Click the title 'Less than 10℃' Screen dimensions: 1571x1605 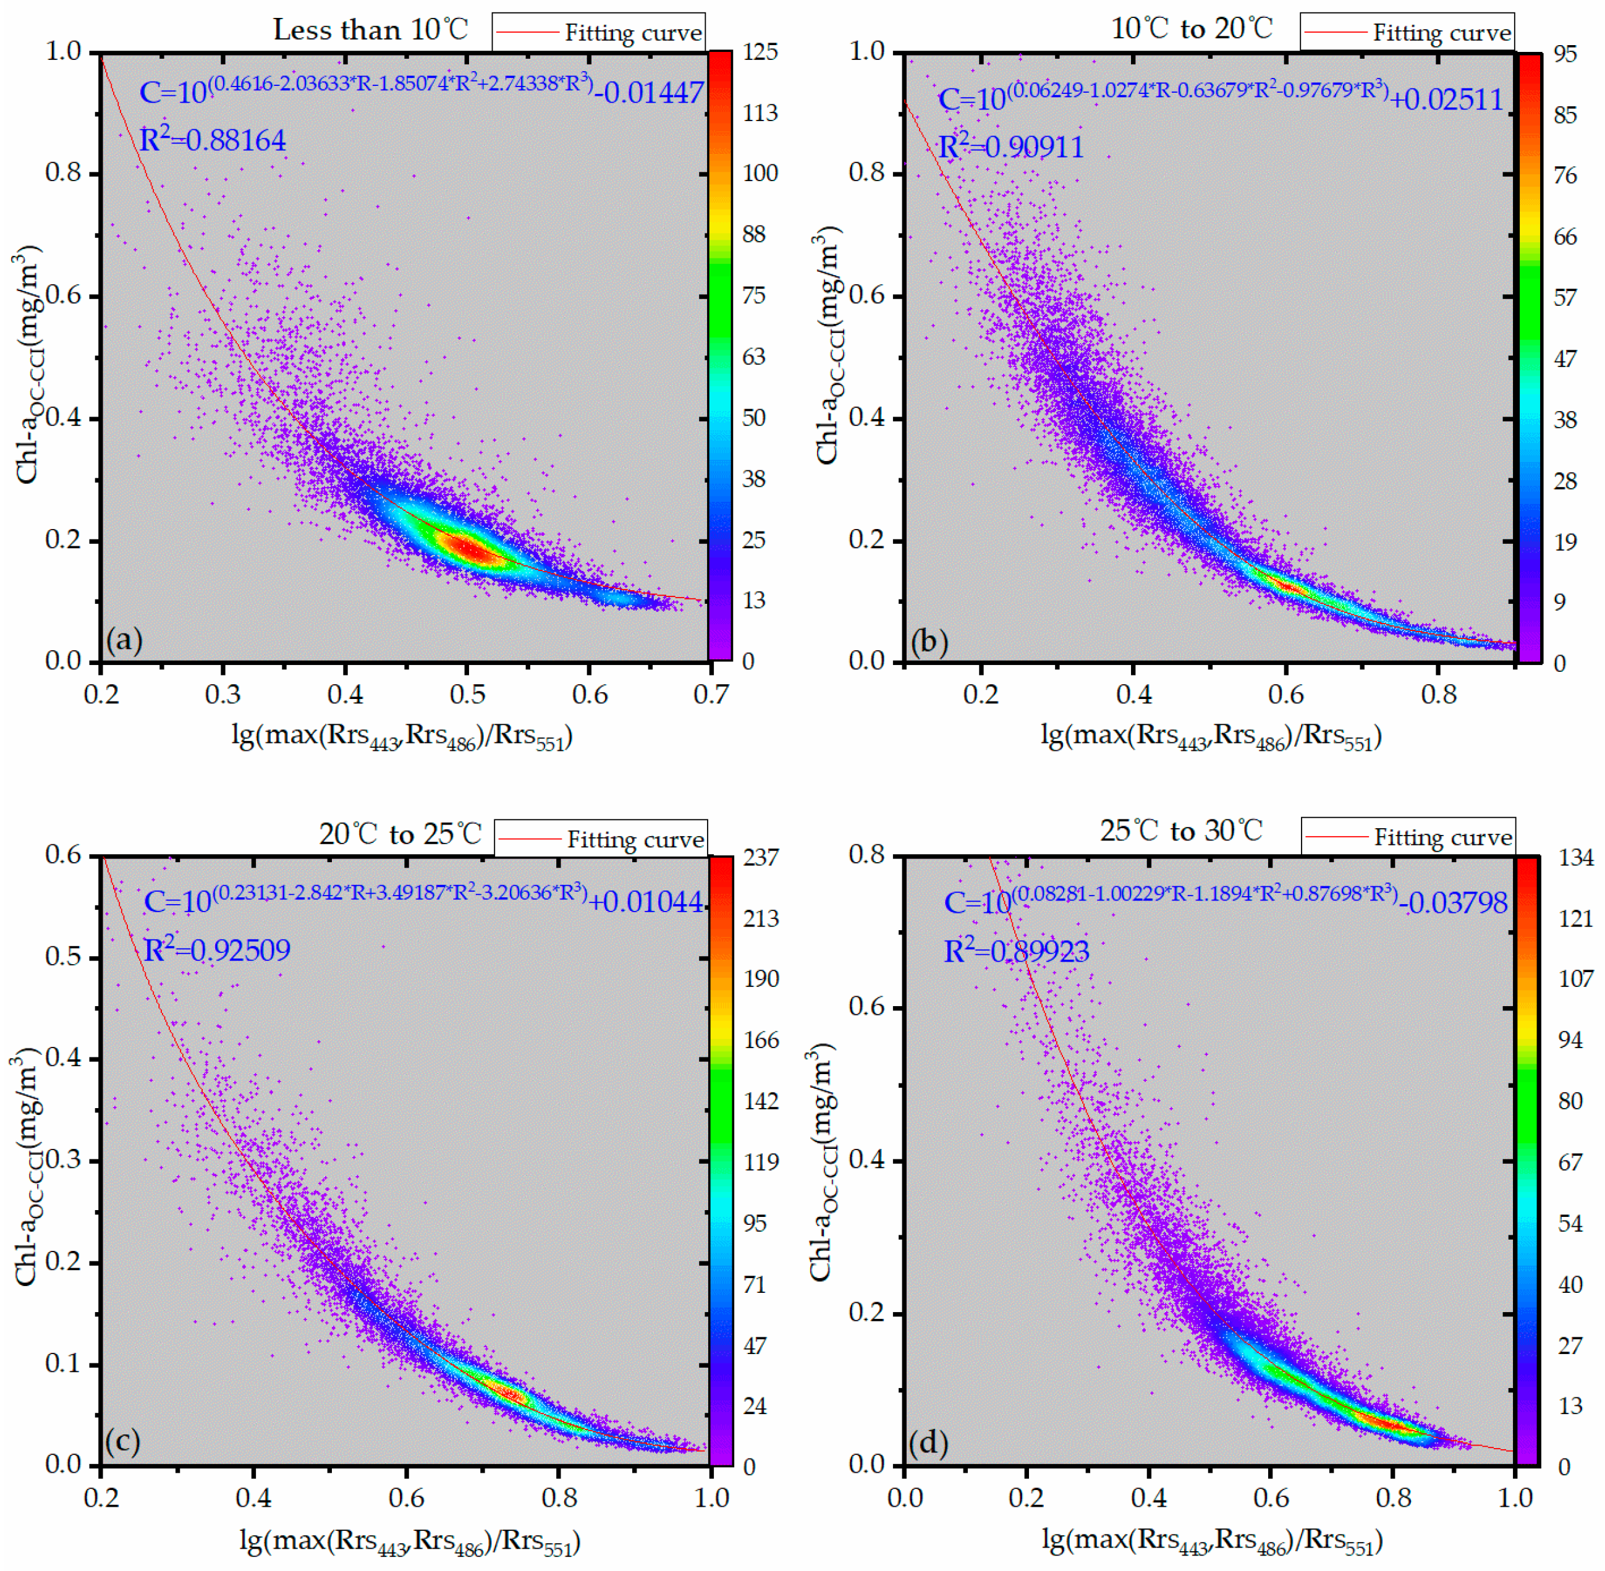[371, 30]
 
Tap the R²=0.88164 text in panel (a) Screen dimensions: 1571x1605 [212, 140]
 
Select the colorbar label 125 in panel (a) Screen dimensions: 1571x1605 [759, 52]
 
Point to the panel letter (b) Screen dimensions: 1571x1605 [929, 641]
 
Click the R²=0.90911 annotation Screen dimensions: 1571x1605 [1011, 147]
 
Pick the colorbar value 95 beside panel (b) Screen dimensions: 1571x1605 [1565, 54]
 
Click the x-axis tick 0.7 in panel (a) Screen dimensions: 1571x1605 [711, 695]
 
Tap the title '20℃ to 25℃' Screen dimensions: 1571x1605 [400, 834]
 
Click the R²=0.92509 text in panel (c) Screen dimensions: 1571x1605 [217, 951]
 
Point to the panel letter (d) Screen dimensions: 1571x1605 [928, 1442]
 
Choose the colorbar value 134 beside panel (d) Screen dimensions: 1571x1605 [1575, 858]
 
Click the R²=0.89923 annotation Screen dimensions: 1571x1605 [1016, 951]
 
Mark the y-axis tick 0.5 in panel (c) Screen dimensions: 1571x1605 [64, 957]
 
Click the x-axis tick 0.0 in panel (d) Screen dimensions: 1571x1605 [905, 1497]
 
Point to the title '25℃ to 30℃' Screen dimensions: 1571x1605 [1181, 830]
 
